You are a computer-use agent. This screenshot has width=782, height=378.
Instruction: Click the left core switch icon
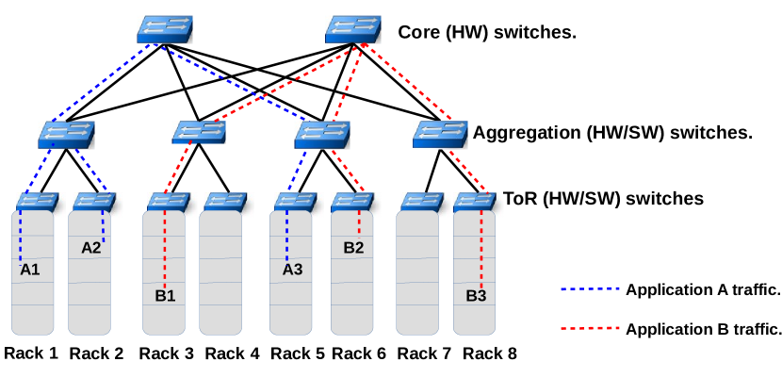pos(165,28)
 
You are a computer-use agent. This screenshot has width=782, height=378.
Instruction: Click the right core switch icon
pos(353,28)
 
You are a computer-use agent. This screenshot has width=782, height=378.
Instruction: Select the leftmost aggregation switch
pos(67,134)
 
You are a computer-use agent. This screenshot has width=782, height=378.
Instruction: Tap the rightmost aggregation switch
pos(440,134)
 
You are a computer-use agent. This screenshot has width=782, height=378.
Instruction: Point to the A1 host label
pos(30,270)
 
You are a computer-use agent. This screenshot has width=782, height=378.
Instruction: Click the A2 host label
pos(90,248)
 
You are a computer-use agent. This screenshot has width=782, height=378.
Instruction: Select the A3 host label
pos(293,270)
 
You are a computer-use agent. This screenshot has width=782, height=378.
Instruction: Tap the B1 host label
pos(166,295)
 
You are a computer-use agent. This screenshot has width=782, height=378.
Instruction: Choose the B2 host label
pos(353,248)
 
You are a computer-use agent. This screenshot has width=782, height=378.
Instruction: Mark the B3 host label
pos(477,295)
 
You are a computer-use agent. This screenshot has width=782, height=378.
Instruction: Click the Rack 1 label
pos(30,353)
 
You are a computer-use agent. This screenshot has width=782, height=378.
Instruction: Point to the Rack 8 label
pos(490,353)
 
